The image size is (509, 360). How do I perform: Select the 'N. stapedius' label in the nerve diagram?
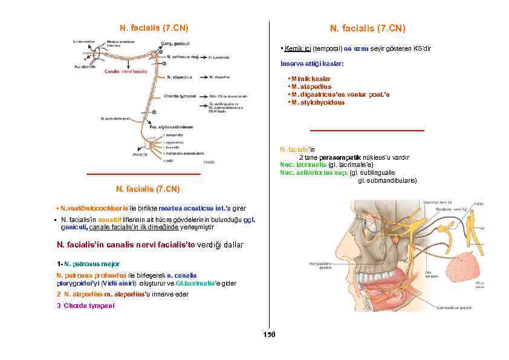click(x=180, y=77)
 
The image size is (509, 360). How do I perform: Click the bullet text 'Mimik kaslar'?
click(x=310, y=79)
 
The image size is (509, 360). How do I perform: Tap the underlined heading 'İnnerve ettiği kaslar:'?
click(x=313, y=64)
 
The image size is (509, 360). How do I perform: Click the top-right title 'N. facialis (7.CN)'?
click(x=368, y=29)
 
